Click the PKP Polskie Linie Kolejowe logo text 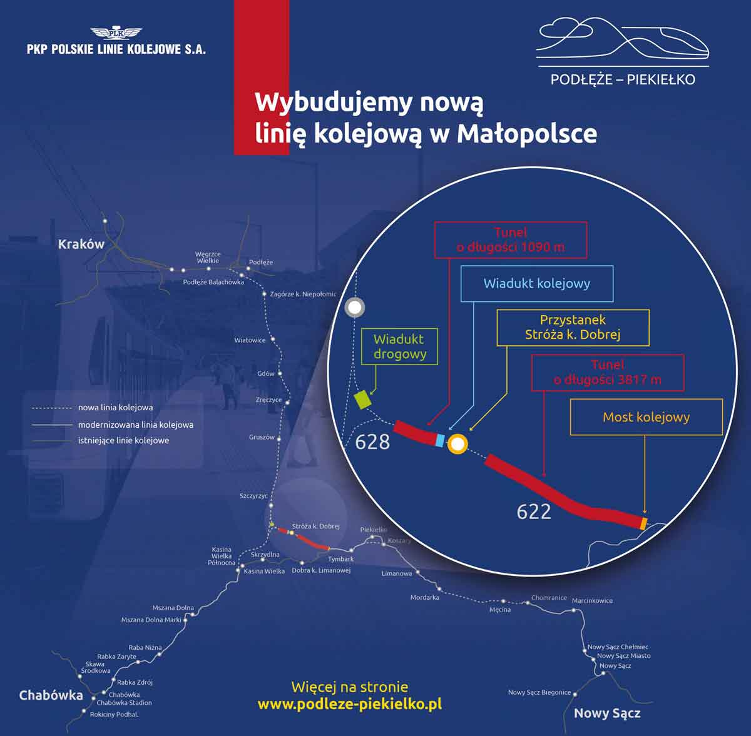[x=116, y=49]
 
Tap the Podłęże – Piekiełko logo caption [x=623, y=79]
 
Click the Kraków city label [x=81, y=244]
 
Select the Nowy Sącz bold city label [x=607, y=713]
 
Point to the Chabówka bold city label [x=51, y=695]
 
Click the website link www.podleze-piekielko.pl [x=349, y=703]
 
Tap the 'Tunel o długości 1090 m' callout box [x=511, y=239]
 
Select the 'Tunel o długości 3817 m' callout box [x=607, y=372]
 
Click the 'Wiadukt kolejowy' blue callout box [x=536, y=283]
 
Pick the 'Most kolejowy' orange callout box [x=646, y=417]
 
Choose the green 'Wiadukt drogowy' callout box [x=399, y=347]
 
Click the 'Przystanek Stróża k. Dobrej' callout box [x=573, y=327]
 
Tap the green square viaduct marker [x=362, y=399]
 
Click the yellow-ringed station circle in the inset [x=458, y=444]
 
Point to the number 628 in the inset [x=372, y=442]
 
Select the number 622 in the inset [x=534, y=512]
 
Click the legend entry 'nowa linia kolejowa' [x=115, y=408]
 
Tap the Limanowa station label [x=397, y=573]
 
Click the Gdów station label [x=266, y=373]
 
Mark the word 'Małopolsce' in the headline [x=527, y=133]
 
